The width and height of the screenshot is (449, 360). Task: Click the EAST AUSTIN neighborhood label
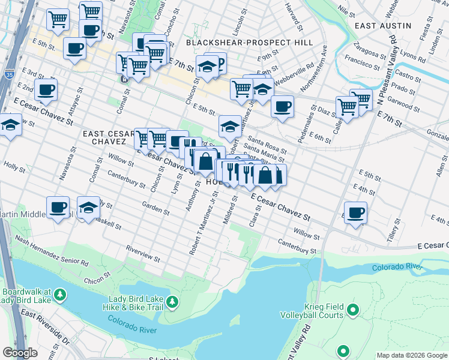[382, 26]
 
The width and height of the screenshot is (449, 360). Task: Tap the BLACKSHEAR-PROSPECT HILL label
[249, 43]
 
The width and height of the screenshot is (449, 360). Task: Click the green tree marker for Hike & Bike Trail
[173, 301]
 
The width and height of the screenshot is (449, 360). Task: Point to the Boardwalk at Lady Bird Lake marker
[59, 295]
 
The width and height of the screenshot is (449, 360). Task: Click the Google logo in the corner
[20, 353]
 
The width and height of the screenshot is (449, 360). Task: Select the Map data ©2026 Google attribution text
[412, 355]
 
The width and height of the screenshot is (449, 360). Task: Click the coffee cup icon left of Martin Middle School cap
[58, 208]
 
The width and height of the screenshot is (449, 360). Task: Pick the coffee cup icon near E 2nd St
[46, 91]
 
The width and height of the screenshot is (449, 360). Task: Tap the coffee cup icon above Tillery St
[356, 212]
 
